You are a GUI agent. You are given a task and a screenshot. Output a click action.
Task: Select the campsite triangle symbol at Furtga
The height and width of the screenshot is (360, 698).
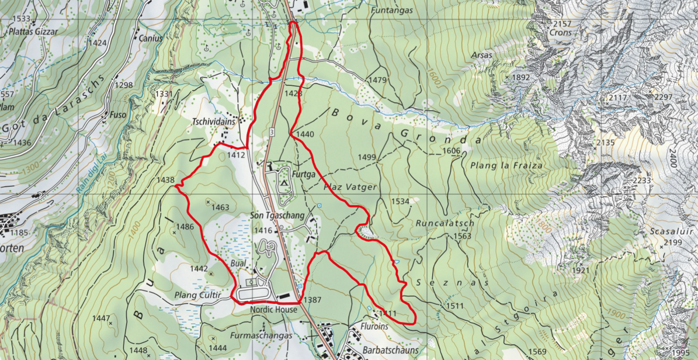(284, 184)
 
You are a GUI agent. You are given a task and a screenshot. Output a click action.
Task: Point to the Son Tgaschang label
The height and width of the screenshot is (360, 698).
(277, 216)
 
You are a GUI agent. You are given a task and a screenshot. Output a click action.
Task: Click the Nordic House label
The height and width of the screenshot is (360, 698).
(273, 310)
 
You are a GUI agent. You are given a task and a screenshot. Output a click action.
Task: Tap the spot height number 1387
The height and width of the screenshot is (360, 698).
(313, 300)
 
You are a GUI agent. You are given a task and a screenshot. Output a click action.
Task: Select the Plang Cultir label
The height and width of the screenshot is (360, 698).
(197, 296)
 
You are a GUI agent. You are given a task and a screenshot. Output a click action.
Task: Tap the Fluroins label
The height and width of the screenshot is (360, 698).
(375, 327)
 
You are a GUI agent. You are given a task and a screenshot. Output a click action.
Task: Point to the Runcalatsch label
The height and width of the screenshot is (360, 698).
(445, 223)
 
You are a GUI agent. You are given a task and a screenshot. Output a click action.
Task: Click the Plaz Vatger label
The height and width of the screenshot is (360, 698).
(350, 187)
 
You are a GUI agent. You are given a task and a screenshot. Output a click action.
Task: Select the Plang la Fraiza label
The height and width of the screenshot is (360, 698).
(506, 165)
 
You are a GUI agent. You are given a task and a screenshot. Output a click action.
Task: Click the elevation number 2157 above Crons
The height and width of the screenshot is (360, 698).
(561, 23)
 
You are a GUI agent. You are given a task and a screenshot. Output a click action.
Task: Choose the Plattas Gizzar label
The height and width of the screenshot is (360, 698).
(33, 32)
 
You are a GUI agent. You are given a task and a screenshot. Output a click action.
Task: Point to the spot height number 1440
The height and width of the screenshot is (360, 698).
(304, 134)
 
